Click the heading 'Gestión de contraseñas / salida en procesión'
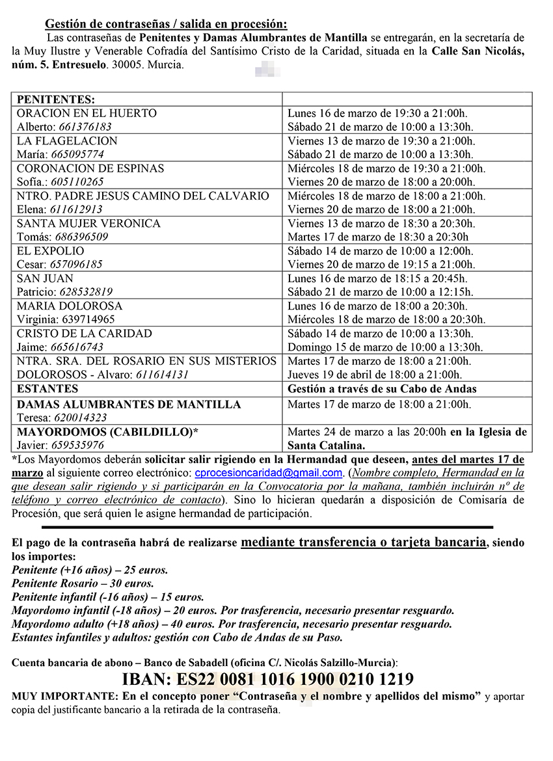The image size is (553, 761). tap(165, 25)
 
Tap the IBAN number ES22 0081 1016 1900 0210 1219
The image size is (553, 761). tap(267, 680)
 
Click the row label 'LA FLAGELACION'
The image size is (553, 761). tap(67, 140)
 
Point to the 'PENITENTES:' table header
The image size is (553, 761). tap(56, 100)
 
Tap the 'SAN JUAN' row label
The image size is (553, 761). tap(45, 278)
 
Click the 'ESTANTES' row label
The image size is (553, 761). tap(47, 389)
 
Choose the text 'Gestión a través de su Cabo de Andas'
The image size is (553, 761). tap(383, 389)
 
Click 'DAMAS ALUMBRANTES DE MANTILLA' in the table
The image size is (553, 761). tap(129, 405)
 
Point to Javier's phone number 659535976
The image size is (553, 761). tap(79, 446)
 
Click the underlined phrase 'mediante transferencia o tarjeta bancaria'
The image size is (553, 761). tap(363, 542)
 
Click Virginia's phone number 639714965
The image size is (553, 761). tap(88, 319)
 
